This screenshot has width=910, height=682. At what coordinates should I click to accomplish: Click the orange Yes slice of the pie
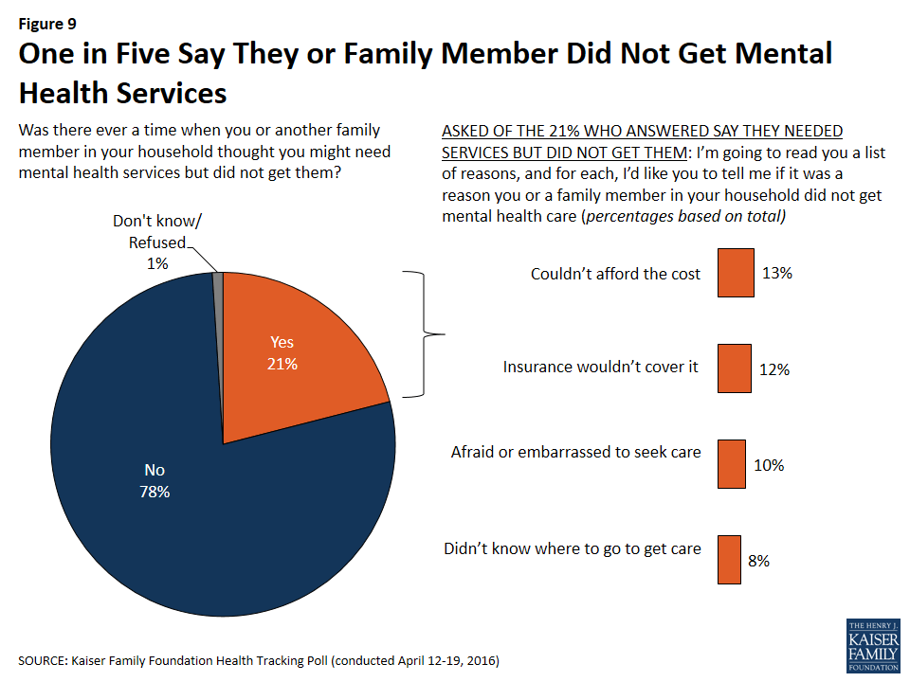pyautogui.click(x=294, y=360)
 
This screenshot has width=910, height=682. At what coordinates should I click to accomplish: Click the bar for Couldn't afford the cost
pyautogui.click(x=736, y=273)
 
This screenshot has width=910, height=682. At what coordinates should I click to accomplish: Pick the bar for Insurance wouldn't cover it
pyautogui.click(x=734, y=368)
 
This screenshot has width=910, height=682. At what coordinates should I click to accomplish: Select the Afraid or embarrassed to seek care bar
pyautogui.click(x=731, y=463)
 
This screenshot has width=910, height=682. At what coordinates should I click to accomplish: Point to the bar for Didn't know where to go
pyautogui.click(x=728, y=559)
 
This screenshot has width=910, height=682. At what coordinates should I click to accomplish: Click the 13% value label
pyautogui.click(x=776, y=274)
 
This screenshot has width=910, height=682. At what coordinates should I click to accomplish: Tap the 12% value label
pyautogui.click(x=774, y=369)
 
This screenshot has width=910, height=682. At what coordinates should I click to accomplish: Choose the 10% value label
pyautogui.click(x=769, y=465)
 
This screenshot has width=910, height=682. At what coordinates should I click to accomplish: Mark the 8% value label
pyautogui.click(x=758, y=561)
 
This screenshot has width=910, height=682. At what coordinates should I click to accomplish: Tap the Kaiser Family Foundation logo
pyautogui.click(x=872, y=647)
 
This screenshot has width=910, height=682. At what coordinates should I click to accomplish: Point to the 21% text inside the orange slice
pyautogui.click(x=282, y=364)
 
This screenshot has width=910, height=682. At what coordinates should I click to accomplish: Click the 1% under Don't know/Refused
pyautogui.click(x=157, y=264)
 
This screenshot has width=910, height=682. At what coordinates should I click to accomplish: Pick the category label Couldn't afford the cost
pyautogui.click(x=615, y=274)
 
